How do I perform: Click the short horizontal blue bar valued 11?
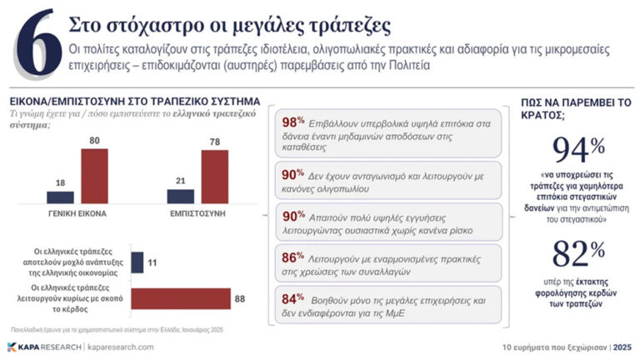[137, 262]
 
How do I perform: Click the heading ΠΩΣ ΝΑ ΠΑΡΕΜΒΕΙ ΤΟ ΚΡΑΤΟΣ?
[575, 107]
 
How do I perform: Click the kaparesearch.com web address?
[120, 346]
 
